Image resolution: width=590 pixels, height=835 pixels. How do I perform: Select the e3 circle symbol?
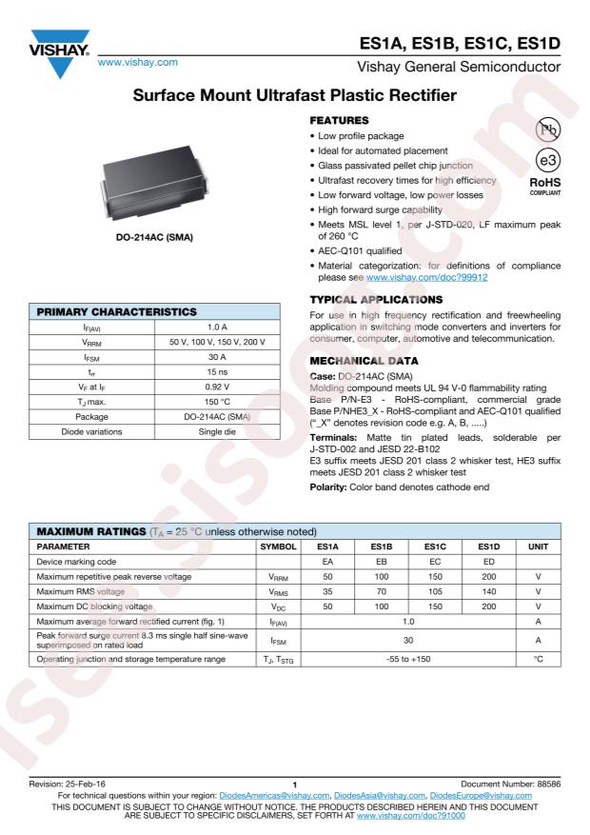pyautogui.click(x=547, y=163)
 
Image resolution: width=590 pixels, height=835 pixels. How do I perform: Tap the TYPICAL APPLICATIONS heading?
pyautogui.click(x=374, y=298)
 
